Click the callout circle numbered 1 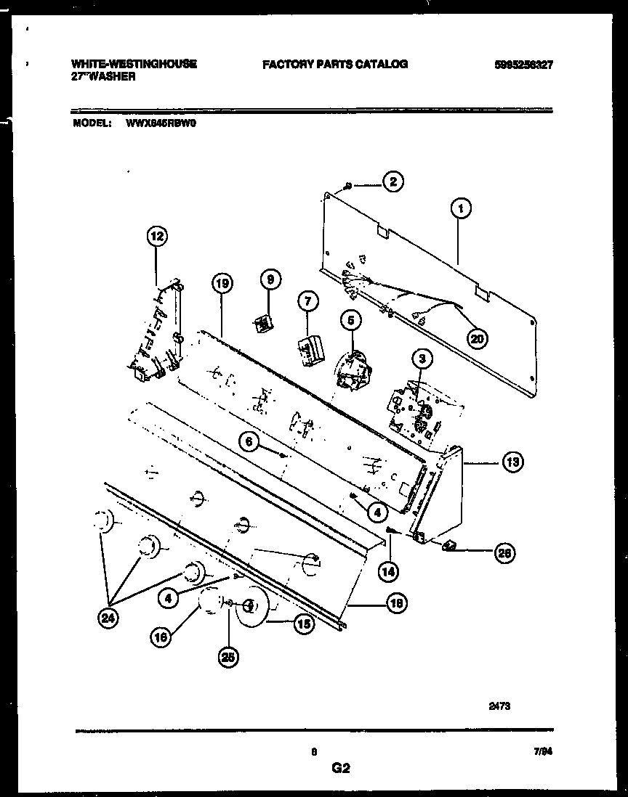pyautogui.click(x=460, y=210)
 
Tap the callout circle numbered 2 pyautogui.click(x=392, y=183)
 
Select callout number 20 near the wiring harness pyautogui.click(x=478, y=338)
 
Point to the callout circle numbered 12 pyautogui.click(x=157, y=235)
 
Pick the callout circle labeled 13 pyautogui.click(x=512, y=462)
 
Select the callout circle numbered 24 pyautogui.click(x=109, y=618)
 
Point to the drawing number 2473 pyautogui.click(x=499, y=703)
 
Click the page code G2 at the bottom pyautogui.click(x=340, y=768)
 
